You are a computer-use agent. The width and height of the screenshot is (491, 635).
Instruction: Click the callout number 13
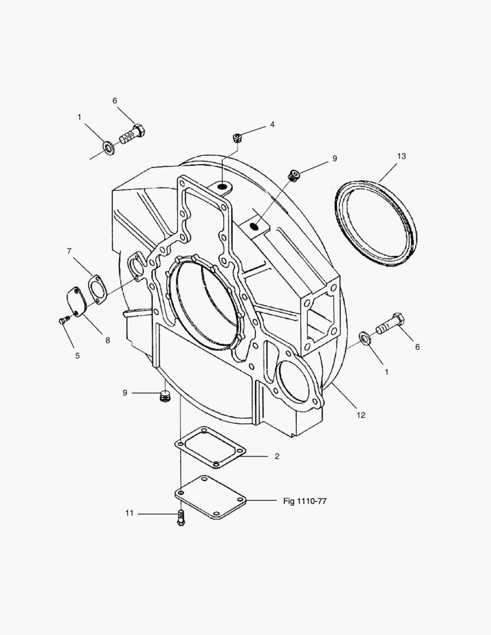(401, 156)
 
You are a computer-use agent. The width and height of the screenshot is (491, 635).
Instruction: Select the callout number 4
(272, 125)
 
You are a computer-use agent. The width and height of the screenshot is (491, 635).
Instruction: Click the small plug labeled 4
(238, 138)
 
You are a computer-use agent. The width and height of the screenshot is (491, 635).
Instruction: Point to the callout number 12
(361, 415)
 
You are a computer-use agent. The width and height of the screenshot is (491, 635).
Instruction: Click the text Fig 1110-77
(305, 501)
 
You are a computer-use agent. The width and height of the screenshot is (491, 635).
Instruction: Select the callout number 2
(277, 456)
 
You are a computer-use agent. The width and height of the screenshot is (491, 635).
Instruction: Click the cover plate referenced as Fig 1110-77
(211, 497)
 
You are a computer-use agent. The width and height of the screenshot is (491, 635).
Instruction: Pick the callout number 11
(129, 513)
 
